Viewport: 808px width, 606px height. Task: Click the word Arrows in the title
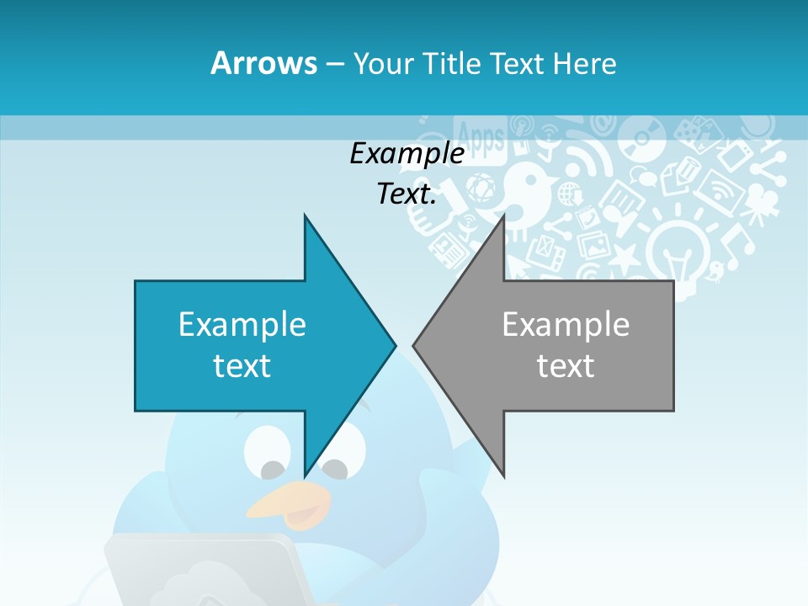click(263, 63)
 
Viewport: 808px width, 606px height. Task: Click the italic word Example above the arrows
click(407, 154)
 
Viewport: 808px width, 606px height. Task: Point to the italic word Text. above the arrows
click(407, 194)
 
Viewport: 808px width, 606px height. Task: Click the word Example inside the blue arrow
click(242, 325)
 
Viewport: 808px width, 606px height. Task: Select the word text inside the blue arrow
click(242, 366)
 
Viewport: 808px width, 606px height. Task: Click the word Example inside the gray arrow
click(566, 325)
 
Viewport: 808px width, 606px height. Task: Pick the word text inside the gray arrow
click(566, 366)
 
